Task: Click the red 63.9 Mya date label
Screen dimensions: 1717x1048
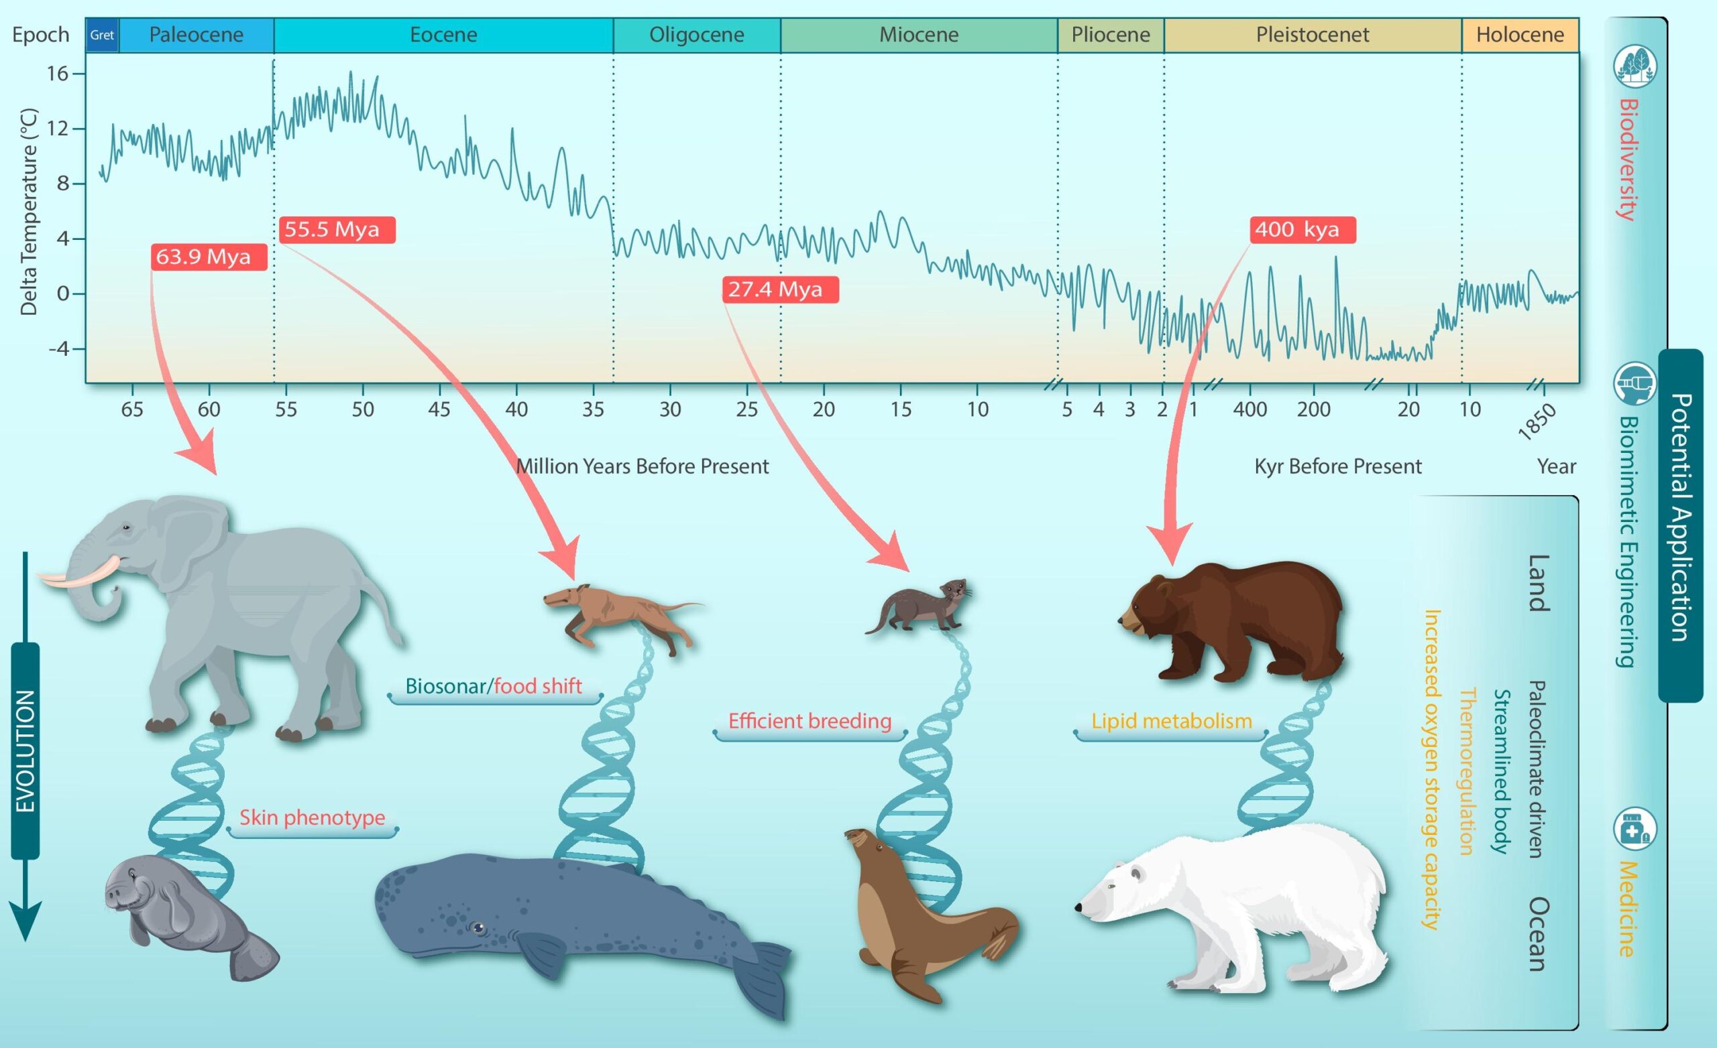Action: (x=209, y=257)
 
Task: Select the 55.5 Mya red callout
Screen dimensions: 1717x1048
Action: (x=337, y=230)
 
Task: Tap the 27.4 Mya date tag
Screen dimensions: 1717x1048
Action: (x=781, y=289)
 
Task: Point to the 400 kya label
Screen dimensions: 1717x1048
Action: (x=1303, y=230)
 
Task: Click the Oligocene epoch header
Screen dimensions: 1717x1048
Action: (x=697, y=35)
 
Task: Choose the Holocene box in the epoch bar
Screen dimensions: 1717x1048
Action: (x=1520, y=35)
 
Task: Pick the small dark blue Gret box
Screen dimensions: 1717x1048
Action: (x=103, y=35)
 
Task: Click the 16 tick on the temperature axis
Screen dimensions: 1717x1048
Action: (x=58, y=73)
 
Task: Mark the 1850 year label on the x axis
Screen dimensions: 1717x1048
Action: (x=1537, y=421)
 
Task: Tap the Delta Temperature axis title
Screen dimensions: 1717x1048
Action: (x=29, y=212)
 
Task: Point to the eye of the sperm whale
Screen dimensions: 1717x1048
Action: (x=477, y=927)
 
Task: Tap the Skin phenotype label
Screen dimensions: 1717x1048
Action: (x=312, y=817)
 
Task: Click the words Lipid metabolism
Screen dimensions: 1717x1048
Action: (x=1171, y=721)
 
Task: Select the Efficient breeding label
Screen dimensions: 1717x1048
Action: (x=810, y=721)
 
